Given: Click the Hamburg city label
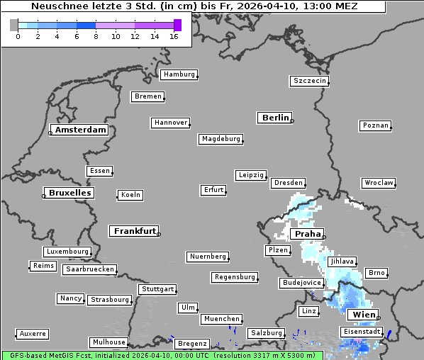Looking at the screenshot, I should click(178, 74).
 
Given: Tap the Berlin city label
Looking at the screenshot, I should click(275, 118).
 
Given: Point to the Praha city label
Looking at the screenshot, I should click(308, 234).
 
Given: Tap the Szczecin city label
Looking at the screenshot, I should click(310, 81).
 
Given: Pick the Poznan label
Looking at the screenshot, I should click(375, 125).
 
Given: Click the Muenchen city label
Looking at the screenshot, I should click(221, 320).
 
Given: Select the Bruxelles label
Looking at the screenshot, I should click(69, 193).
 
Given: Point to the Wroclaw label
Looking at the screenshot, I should click(378, 183).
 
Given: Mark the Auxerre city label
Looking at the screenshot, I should click(32, 333).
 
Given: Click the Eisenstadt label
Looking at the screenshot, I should click(361, 332).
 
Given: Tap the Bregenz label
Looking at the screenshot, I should click(192, 344).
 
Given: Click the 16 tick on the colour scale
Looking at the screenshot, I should click(174, 36).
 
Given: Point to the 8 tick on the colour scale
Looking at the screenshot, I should click(96, 36).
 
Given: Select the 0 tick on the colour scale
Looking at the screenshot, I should click(18, 36).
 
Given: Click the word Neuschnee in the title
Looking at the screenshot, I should click(60, 6).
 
